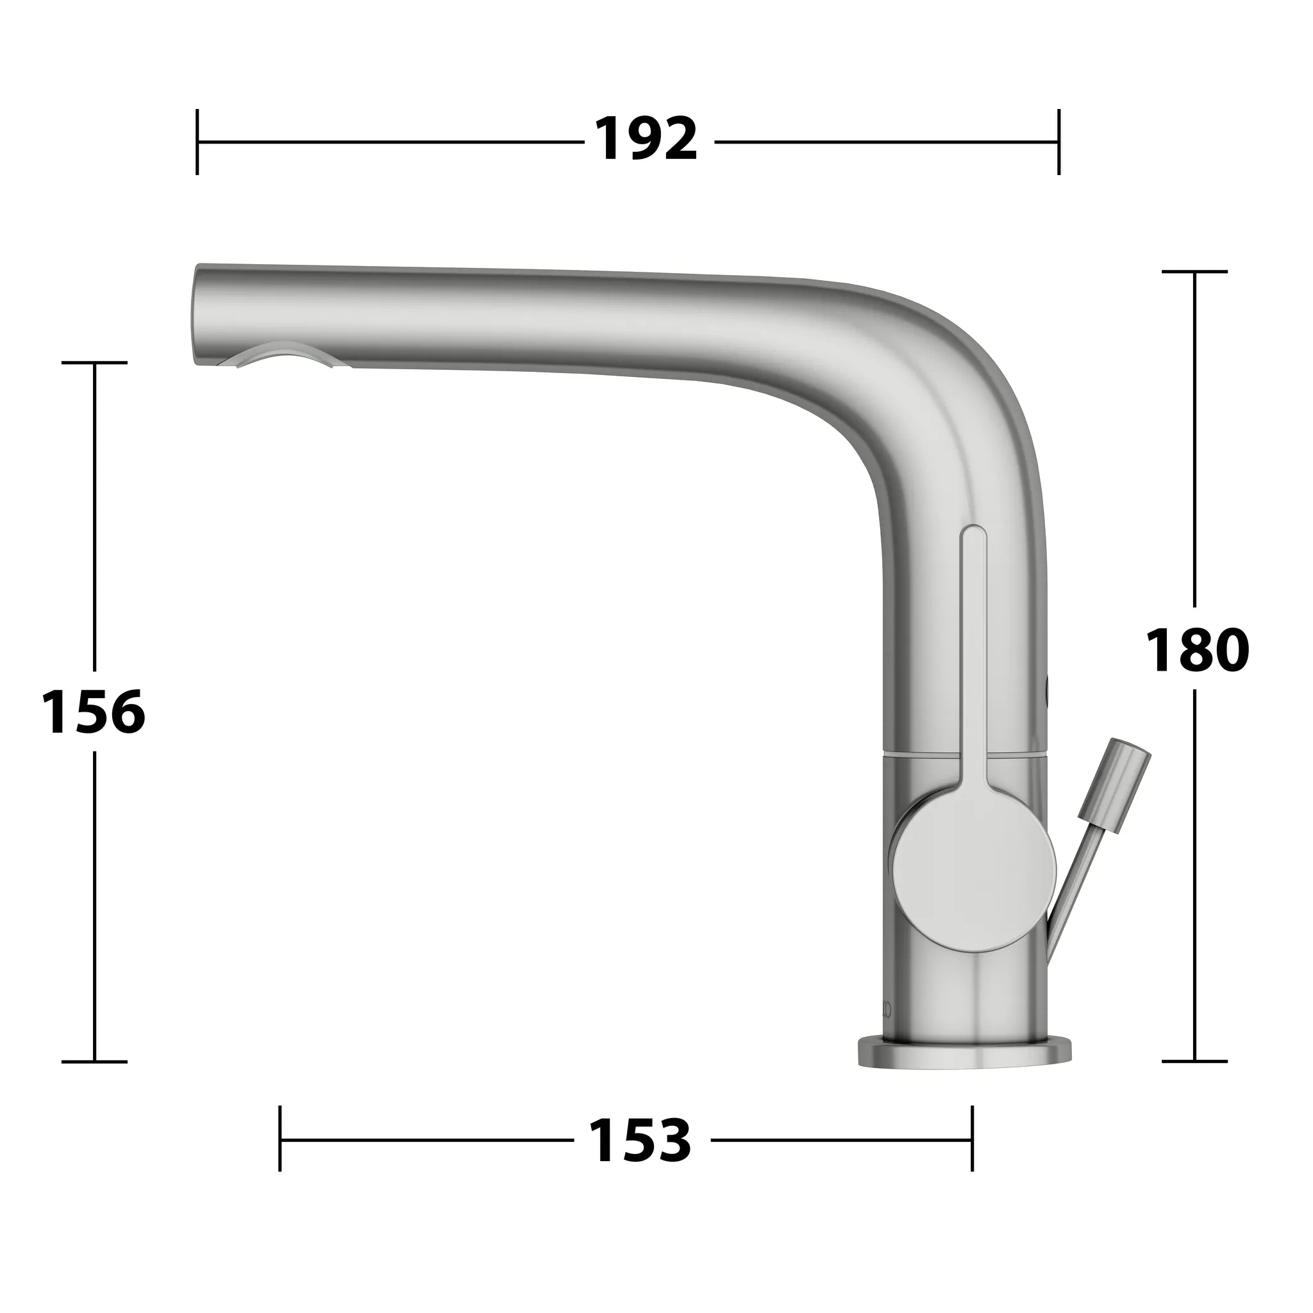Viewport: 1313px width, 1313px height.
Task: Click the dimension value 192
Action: pos(646,140)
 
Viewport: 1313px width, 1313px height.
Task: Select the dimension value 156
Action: pos(93,712)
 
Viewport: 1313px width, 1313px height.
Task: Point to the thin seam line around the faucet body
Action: pos(917,755)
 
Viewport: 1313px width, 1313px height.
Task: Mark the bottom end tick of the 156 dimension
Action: pos(94,1061)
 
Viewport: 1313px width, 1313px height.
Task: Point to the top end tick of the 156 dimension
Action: pos(94,363)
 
